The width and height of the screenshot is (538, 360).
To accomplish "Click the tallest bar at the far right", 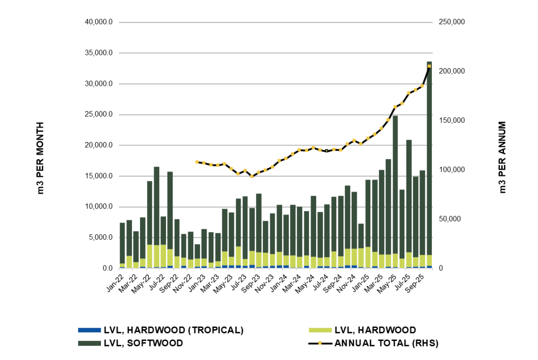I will tap(429, 162).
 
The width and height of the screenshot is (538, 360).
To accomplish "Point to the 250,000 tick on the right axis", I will tap(451, 22).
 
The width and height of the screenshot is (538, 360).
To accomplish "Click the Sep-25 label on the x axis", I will tap(416, 282).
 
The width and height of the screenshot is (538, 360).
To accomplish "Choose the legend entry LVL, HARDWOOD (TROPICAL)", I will tap(173, 330).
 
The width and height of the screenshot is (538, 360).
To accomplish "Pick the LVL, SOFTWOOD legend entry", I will tap(143, 343).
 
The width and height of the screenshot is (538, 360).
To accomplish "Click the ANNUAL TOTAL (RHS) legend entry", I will tap(386, 343).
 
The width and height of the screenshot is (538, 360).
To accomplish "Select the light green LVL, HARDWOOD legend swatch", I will tap(320, 330).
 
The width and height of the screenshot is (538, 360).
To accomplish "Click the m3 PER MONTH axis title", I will tap(41, 158).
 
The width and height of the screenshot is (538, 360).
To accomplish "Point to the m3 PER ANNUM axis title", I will tap(502, 158).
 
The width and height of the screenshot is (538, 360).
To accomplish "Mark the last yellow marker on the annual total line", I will tap(429, 66).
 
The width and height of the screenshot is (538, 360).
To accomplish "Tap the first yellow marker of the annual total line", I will tap(197, 162).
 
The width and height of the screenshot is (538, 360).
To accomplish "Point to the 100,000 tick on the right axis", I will tap(451, 170).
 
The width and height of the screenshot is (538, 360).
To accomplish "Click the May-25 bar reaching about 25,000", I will tap(395, 192).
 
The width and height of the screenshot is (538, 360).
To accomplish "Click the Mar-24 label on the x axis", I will tap(293, 282).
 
